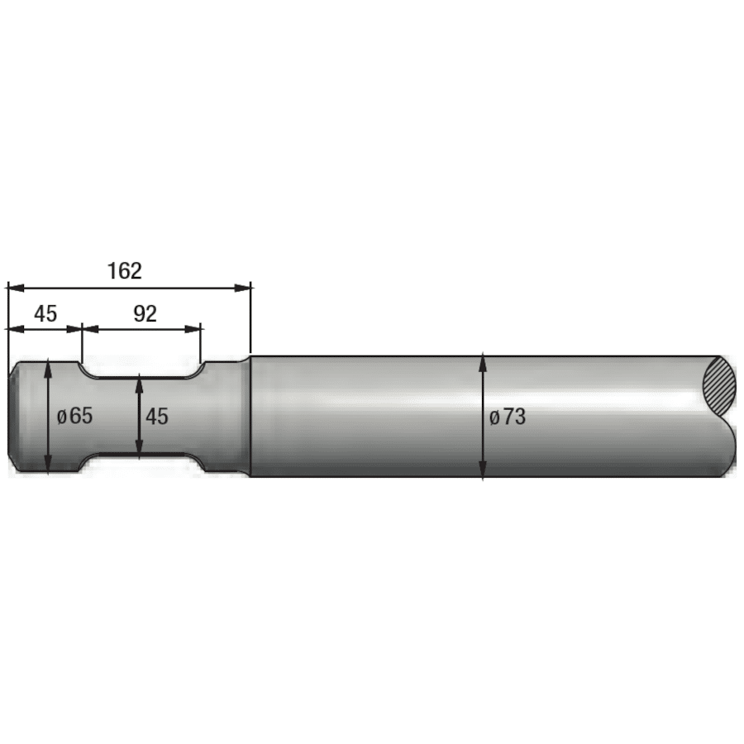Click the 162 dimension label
(125, 270)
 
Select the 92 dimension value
(145, 313)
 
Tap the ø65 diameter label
(74, 416)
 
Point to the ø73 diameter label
(507, 417)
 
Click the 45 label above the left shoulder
(45, 313)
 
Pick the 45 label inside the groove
(157, 417)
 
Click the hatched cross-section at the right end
(718, 386)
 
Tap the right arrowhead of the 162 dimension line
(243, 288)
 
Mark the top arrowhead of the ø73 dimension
(483, 361)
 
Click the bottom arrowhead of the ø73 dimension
(483, 471)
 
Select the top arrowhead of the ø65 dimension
(50, 366)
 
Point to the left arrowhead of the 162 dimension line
(15, 288)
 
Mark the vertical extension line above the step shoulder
(250, 322)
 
